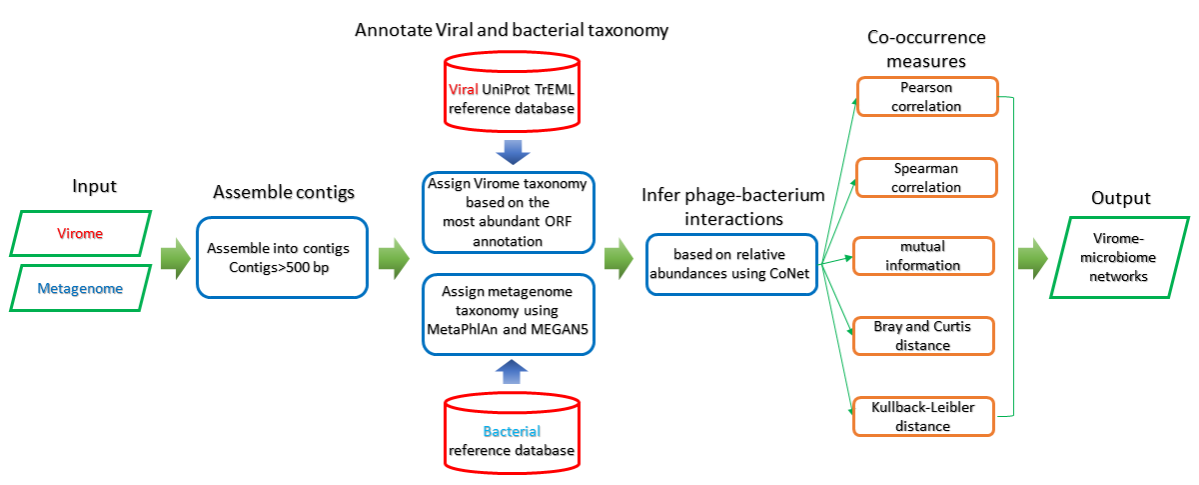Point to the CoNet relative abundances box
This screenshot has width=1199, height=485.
pos(731,264)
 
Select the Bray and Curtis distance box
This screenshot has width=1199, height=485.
pos(923,335)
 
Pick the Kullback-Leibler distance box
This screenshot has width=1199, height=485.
pos(923,416)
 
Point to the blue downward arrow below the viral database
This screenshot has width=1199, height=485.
pos(512,152)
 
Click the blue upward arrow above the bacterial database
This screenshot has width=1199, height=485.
pos(512,374)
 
